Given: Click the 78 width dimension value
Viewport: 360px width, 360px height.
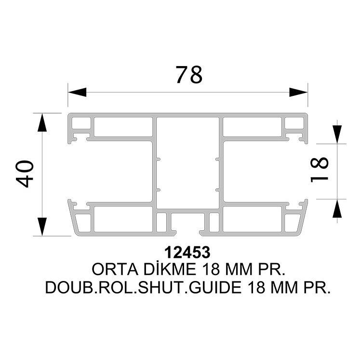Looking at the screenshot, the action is pos(189,75).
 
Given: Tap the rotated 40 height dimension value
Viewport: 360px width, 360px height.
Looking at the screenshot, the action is pos(25,174).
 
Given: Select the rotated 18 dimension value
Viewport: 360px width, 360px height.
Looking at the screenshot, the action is pos(320,170).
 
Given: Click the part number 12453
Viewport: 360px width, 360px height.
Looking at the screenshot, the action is pos(187,253).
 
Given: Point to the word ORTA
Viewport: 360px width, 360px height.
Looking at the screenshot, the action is pos(115,269).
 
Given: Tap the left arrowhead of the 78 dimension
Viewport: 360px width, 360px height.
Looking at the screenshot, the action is pos(77,92).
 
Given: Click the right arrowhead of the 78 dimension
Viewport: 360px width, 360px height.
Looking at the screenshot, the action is pos(298,92).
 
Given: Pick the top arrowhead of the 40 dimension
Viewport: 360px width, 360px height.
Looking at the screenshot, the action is pos(42,122).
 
